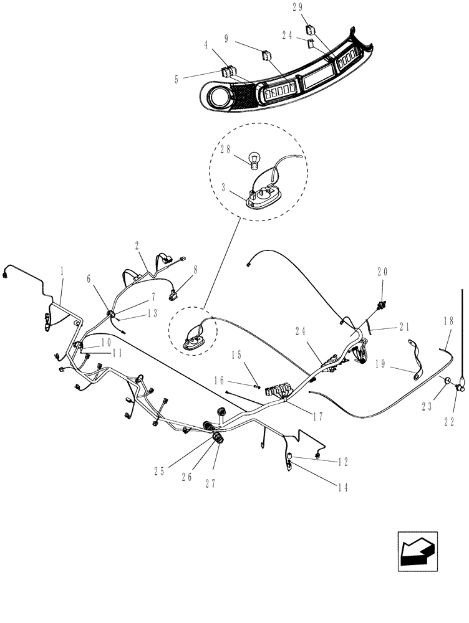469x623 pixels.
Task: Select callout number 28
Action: (225, 150)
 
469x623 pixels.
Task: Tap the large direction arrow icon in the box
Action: (417, 551)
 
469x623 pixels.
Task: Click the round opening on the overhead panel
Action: (220, 98)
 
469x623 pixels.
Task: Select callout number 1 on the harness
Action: (62, 271)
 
